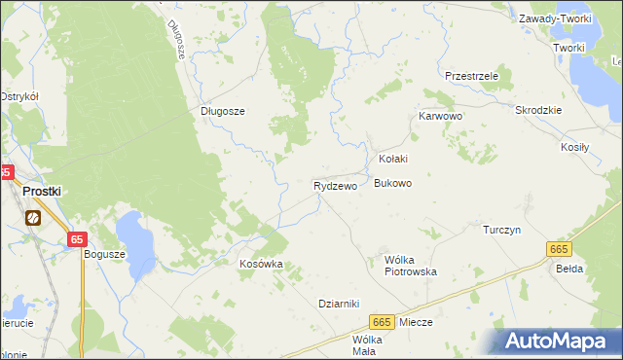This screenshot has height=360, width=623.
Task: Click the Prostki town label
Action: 42,192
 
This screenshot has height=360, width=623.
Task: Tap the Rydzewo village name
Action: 334,185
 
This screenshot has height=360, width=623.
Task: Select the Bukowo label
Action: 393,183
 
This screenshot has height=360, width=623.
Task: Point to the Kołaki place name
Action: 392,159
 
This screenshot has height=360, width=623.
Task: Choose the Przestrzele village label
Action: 471,75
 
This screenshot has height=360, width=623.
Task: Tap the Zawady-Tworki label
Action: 555,18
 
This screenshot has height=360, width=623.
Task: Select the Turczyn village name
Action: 503,230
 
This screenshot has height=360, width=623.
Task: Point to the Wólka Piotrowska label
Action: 411,266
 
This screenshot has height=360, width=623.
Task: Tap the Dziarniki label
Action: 340,303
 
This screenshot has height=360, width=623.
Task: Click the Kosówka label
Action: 261,264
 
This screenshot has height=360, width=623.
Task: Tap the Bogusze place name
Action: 105,254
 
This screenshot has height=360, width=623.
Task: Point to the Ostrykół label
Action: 18,96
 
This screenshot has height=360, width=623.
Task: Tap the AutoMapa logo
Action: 559,341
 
